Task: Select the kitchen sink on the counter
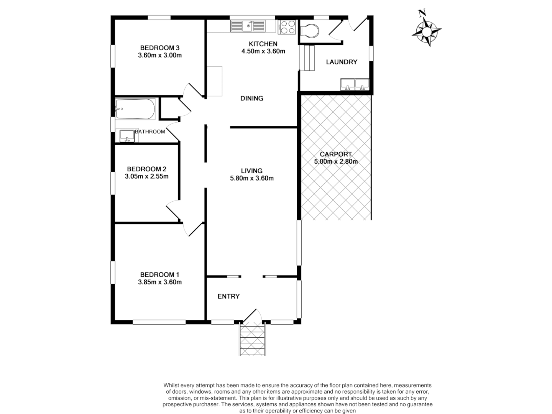pos(248,26)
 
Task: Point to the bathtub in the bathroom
pos(135,109)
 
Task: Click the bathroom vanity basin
pos(127,136)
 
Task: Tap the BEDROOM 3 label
pos(159,48)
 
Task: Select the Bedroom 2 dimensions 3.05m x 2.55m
pos(146,177)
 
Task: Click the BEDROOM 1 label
pos(159,274)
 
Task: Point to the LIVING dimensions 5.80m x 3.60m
pos(251,178)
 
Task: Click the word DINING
pos(251,99)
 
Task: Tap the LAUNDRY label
pos(341,62)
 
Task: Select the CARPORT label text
pos(336,154)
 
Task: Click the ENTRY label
pos(228,296)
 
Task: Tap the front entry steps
pos(253,339)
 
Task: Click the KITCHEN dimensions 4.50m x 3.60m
pos(263,51)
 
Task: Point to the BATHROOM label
pos(150,132)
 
